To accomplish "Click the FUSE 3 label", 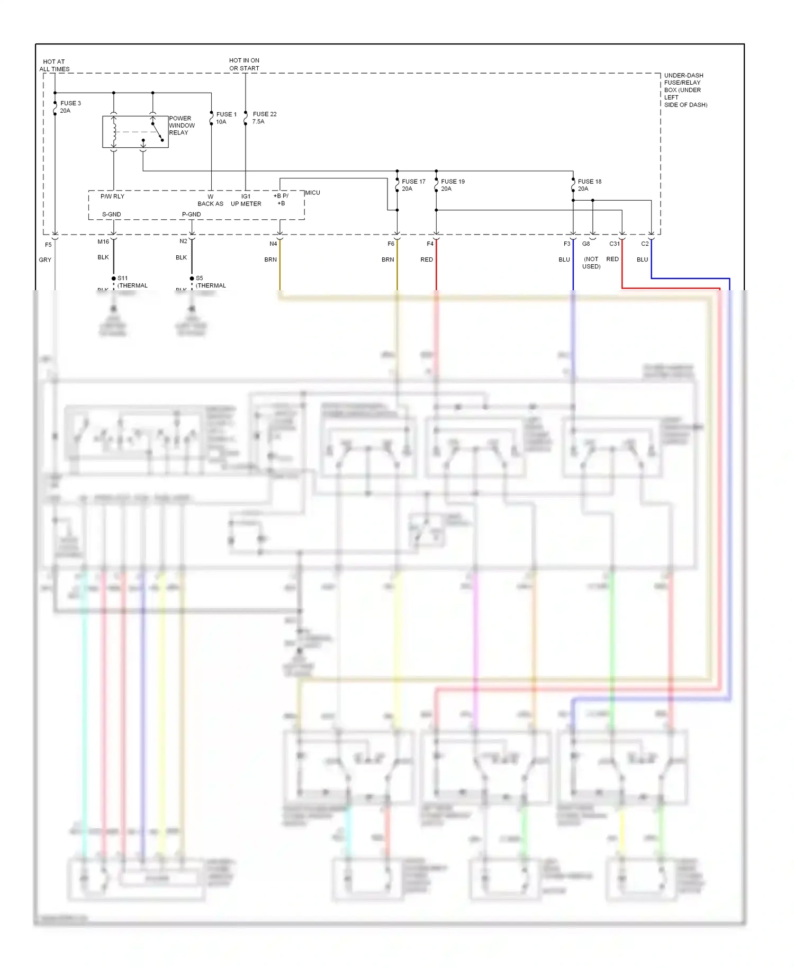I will tap(70, 103).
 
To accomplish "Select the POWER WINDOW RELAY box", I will tap(135, 131).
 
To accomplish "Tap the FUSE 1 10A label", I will tap(226, 118).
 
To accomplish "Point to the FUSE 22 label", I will tap(265, 114).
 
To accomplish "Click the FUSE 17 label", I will tap(413, 182).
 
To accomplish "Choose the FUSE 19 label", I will tap(453, 182).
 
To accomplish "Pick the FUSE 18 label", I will tap(589, 182).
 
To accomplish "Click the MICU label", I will tap(312, 193).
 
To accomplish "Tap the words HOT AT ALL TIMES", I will tap(54, 65).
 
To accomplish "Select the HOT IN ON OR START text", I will tap(244, 64).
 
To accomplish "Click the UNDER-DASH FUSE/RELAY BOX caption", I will tap(685, 90).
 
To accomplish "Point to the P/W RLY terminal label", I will tap(112, 196).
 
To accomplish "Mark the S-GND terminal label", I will tap(111, 214).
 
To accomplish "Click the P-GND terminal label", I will tap(191, 214).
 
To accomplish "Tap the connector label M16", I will tap(103, 241).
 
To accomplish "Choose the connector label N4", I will tap(273, 244).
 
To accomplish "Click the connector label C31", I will tap(614, 244).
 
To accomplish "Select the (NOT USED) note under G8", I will tap(591, 263).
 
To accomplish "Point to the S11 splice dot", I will tap(113, 279).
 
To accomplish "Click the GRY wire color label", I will tap(45, 259).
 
